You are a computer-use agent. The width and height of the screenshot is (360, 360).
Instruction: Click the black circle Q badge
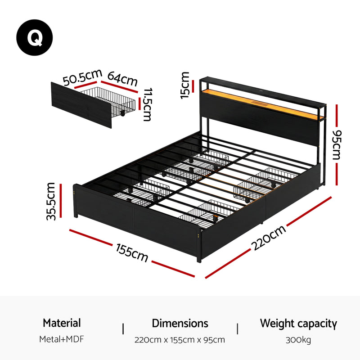[x=35, y=38]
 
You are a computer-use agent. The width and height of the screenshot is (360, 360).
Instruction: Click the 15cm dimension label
[x=185, y=85]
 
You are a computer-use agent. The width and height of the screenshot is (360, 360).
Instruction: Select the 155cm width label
[x=132, y=253]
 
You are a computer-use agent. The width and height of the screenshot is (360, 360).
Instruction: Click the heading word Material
[x=62, y=323]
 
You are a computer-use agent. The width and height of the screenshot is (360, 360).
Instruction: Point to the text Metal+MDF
[x=62, y=339]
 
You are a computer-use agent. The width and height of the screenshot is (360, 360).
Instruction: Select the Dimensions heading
[x=180, y=323]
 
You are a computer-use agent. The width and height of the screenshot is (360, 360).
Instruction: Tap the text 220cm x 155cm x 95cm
[x=180, y=340]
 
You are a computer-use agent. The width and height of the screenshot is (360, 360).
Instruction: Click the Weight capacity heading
[x=298, y=323]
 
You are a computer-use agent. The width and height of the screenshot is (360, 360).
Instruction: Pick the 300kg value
[x=298, y=340]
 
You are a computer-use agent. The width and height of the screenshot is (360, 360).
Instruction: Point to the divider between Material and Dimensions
[x=123, y=328]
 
